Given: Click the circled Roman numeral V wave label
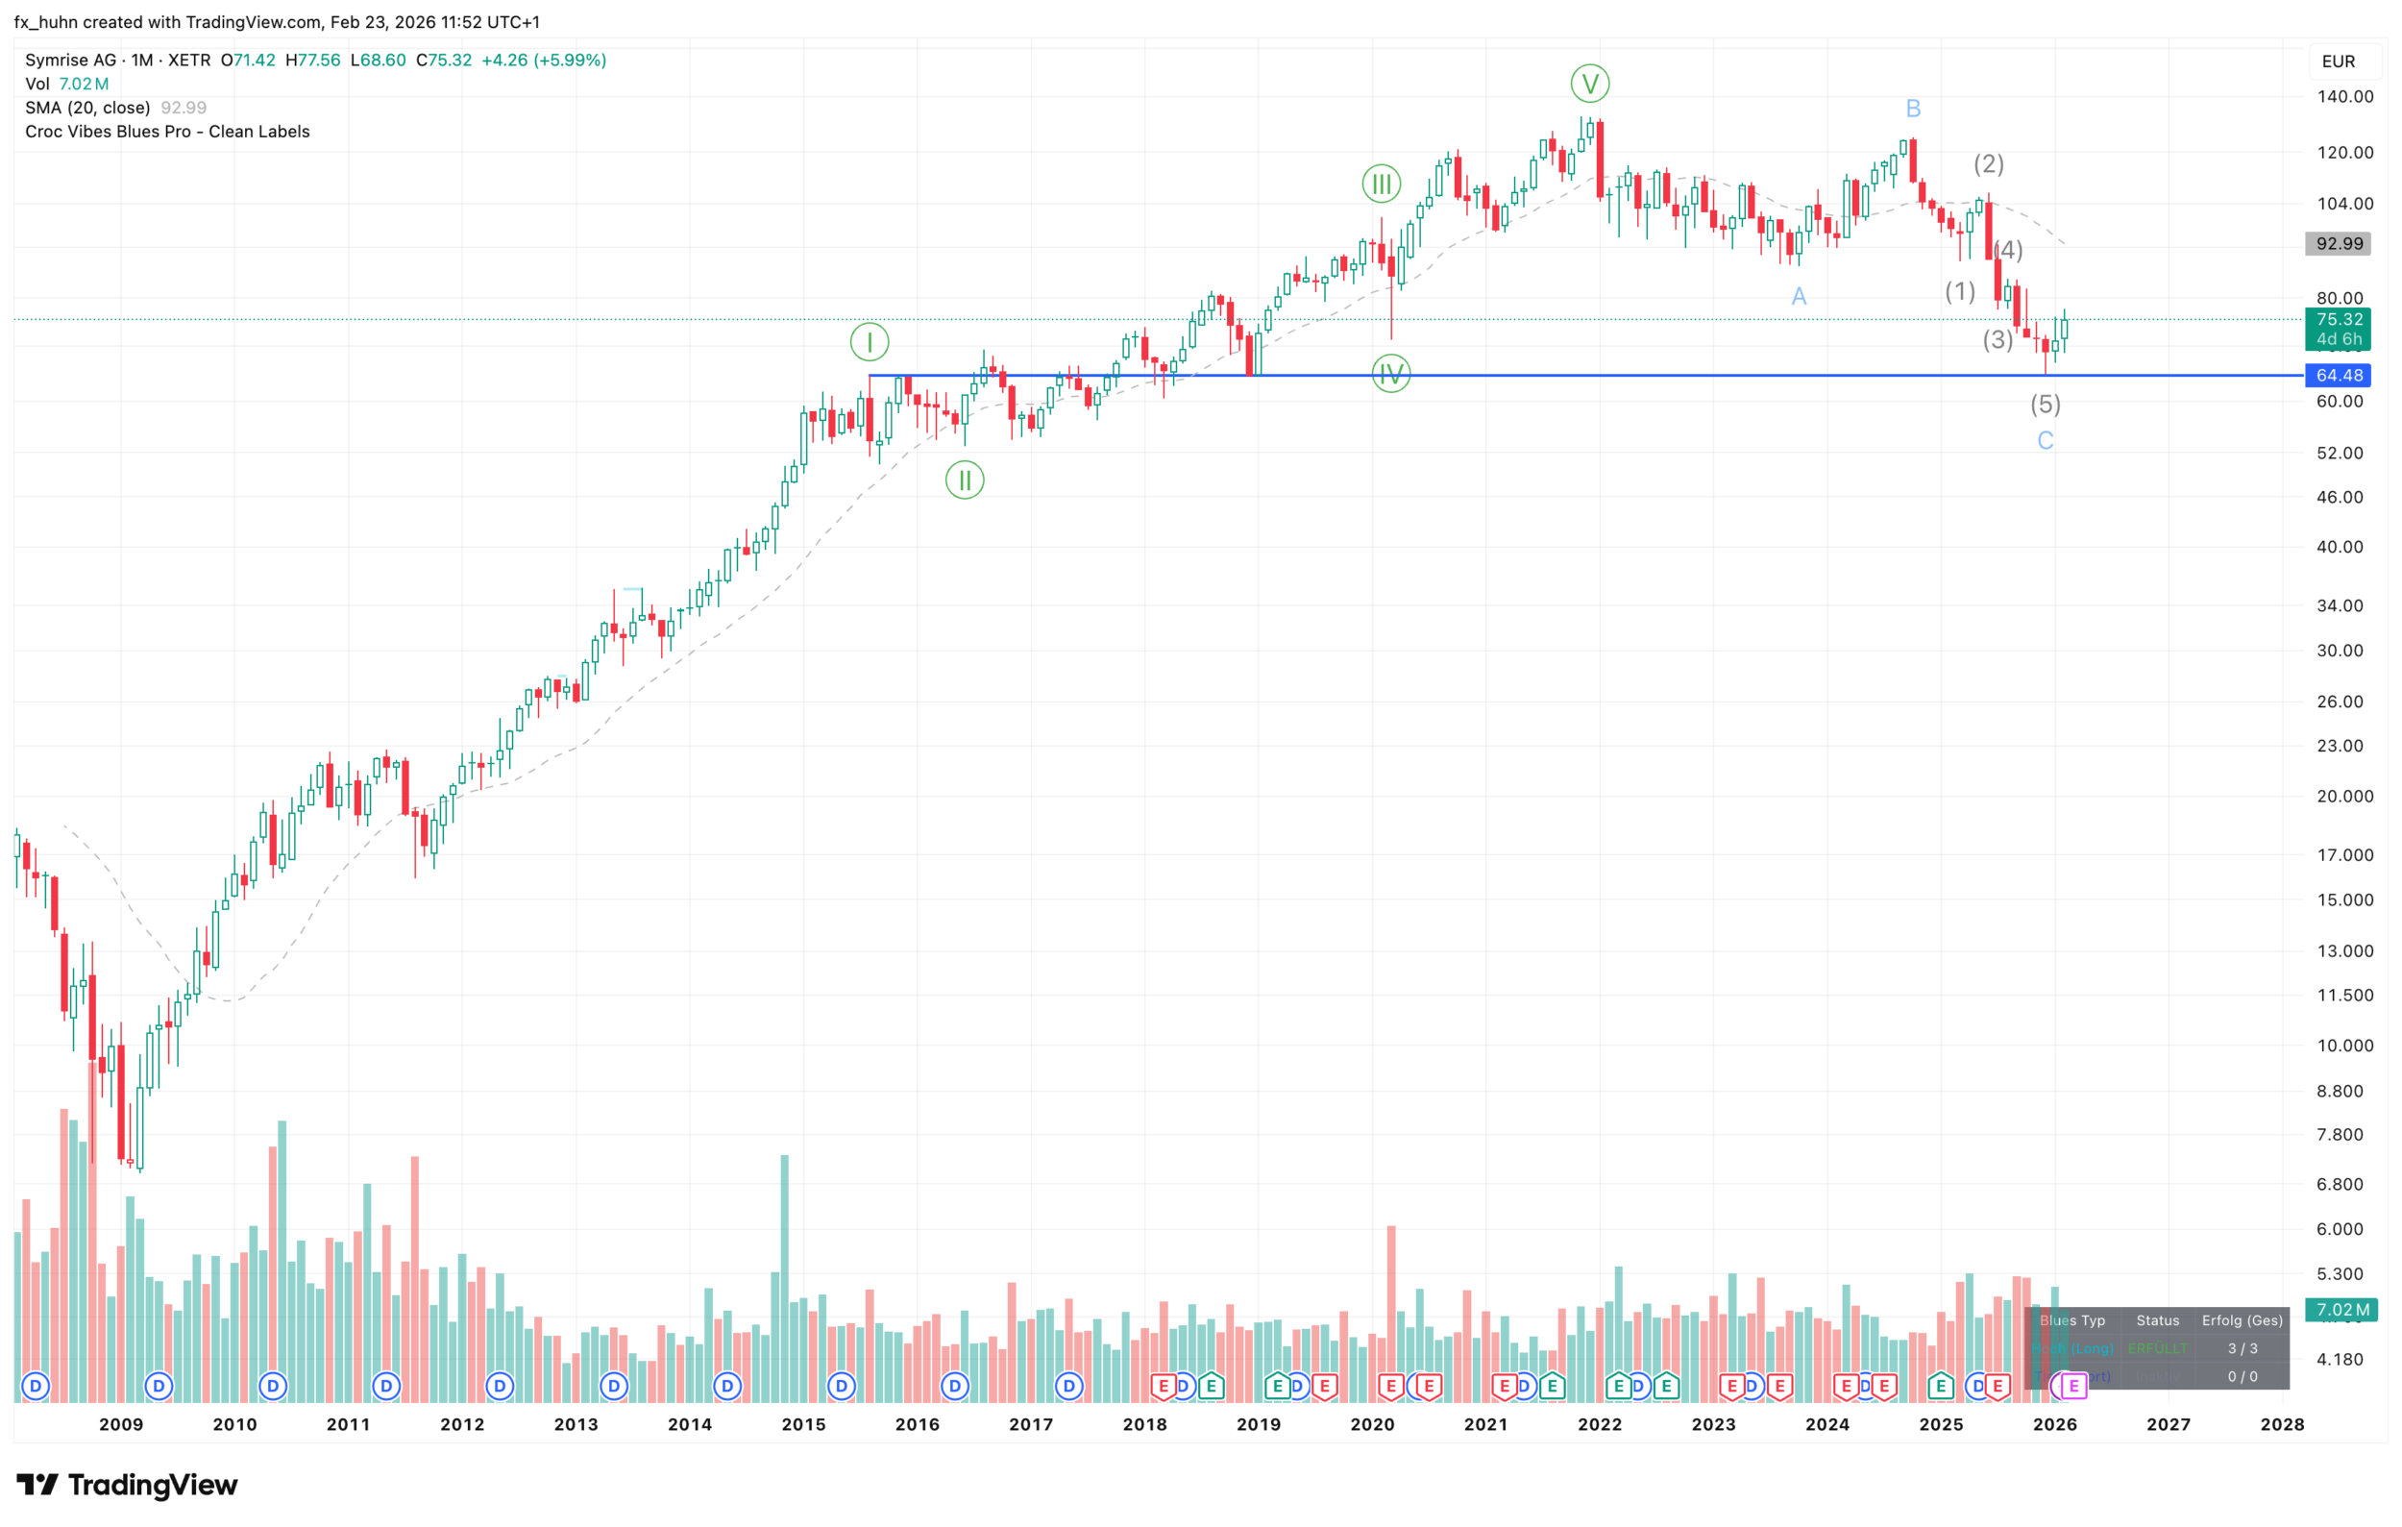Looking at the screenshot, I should point(1590,84).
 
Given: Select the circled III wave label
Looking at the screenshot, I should point(1382,184).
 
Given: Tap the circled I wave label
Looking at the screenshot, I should point(869,342).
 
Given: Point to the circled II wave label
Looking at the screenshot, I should point(965,480).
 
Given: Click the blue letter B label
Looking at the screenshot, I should point(1913,109).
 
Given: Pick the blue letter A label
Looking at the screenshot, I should point(1799,296).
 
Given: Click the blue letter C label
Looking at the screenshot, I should point(2045,441).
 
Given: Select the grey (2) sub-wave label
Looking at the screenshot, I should point(1989,163).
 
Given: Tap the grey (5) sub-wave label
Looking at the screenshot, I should point(2045,404).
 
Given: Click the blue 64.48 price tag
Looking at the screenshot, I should point(2339,375).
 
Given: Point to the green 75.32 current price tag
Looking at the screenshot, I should point(2339,320).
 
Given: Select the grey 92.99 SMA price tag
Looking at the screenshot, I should point(2339,243).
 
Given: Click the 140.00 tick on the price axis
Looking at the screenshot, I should point(2344,97).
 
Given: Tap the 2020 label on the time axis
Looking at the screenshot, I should point(1372,1424).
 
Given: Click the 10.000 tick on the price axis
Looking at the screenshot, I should point(2344,1046).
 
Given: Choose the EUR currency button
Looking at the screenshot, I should point(2339,62).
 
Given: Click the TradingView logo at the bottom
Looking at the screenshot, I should point(127,1485).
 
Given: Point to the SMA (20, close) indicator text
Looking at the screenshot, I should point(87,108).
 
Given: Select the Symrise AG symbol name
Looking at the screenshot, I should point(70,60).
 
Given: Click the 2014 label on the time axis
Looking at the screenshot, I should point(689,1424).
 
